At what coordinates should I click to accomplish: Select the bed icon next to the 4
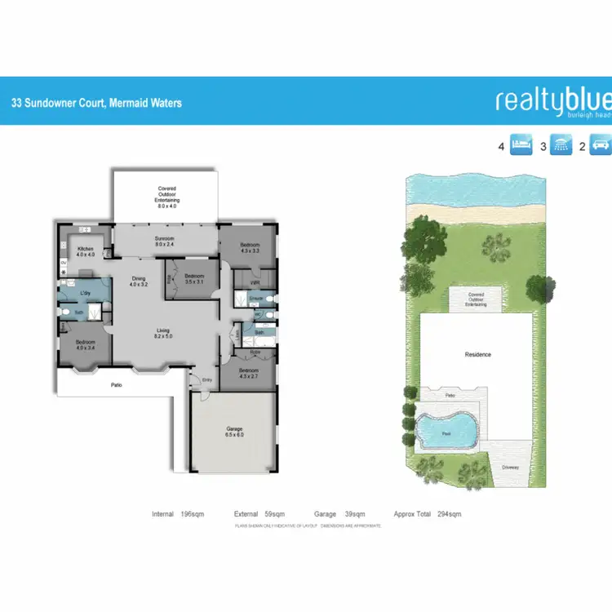click(x=521, y=146)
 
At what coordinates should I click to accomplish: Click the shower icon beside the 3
click(x=561, y=146)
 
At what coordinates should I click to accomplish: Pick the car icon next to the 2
click(x=600, y=146)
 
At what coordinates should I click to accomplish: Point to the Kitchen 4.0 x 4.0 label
click(x=86, y=251)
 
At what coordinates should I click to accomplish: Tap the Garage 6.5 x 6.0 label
click(x=235, y=432)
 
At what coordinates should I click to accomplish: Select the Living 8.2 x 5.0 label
click(x=164, y=333)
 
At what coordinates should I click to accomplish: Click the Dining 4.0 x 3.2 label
click(x=139, y=282)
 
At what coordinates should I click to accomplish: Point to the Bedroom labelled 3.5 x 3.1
click(x=194, y=277)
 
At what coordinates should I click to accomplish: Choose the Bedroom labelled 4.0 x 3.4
click(x=85, y=344)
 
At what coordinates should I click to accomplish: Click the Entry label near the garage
click(x=206, y=380)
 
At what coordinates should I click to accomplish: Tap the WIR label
click(x=255, y=282)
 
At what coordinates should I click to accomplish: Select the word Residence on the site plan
click(x=477, y=355)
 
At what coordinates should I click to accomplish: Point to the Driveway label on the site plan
click(x=510, y=468)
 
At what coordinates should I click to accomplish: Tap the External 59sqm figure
click(x=259, y=514)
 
